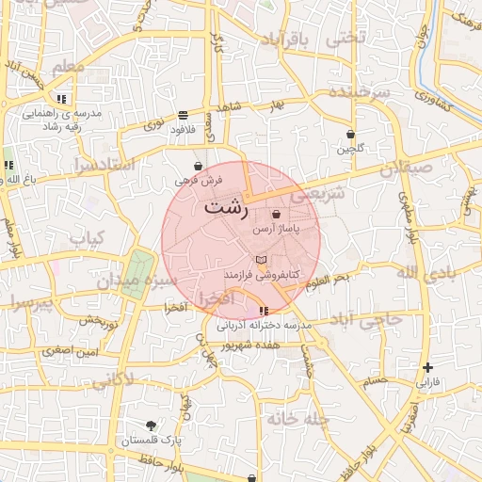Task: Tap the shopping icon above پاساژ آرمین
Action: click(275, 215)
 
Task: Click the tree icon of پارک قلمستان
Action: click(152, 426)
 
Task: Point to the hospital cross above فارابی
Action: click(428, 367)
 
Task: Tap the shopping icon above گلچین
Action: click(351, 135)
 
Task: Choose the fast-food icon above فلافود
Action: click(183, 115)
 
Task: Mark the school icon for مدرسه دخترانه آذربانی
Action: click(263, 311)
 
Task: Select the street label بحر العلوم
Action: click(326, 279)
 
